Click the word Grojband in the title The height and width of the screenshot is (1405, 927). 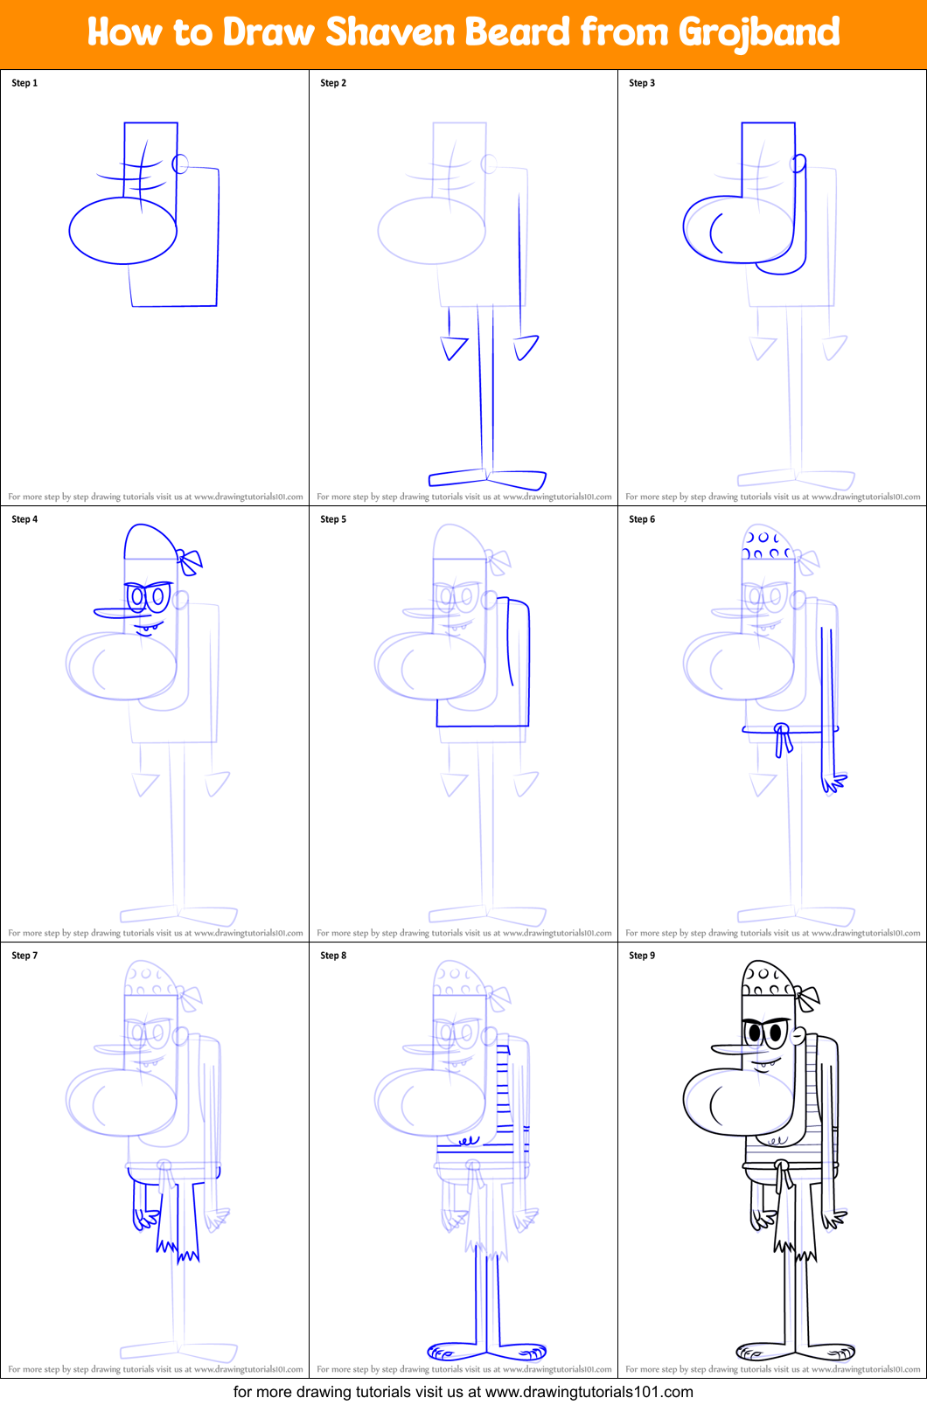coord(758,33)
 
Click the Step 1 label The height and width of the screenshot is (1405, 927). coord(24,83)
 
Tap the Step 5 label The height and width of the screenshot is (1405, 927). coord(333,519)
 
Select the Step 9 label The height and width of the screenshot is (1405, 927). coord(642,956)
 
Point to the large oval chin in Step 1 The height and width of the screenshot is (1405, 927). coord(122,231)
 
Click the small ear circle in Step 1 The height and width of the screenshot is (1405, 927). coord(180,163)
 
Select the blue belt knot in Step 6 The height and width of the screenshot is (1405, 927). coord(783,739)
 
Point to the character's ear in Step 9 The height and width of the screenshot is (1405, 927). coord(798,1036)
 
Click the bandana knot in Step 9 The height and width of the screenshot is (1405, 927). coord(807,998)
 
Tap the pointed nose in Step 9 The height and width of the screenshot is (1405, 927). coord(728,1048)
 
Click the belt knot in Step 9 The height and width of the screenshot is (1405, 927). coord(783,1174)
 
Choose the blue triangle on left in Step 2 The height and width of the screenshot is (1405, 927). coord(454,348)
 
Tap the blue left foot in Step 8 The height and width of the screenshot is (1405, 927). coord(450,1352)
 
